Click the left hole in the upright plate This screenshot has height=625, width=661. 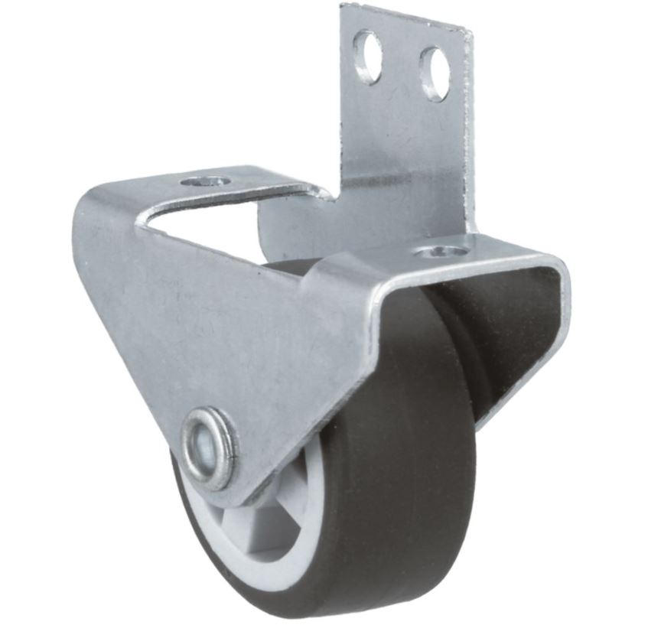(368, 57)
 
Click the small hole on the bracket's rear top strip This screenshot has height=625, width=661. (207, 182)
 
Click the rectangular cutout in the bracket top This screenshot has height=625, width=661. (230, 222)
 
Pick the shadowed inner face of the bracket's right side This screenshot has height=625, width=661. (520, 329)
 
